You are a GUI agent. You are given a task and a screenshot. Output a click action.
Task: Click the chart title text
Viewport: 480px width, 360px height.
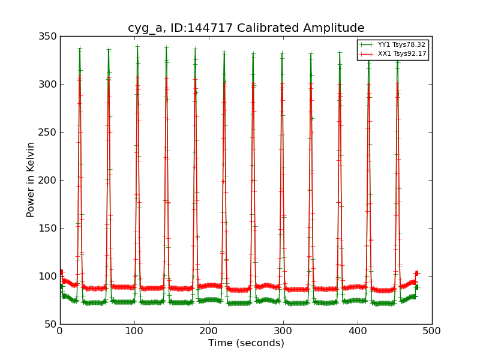pyautogui.click(x=246, y=28)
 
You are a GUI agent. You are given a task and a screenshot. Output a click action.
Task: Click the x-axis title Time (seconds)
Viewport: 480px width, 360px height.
pyautogui.click(x=246, y=343)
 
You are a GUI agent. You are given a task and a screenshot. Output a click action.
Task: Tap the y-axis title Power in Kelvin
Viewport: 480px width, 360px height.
pyautogui.click(x=31, y=179)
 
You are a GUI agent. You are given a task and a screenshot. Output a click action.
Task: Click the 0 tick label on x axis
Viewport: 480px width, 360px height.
pyautogui.click(x=60, y=331)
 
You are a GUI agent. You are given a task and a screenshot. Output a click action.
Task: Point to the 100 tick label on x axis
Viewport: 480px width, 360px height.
pyautogui.click(x=134, y=331)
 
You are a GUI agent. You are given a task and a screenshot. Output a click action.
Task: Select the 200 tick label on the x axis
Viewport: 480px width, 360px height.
pyautogui.click(x=209, y=331)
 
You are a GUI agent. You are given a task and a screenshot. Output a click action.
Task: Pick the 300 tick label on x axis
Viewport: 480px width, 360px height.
pyautogui.click(x=283, y=331)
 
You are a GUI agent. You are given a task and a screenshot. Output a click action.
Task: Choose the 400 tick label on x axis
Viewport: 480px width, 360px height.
pyautogui.click(x=358, y=331)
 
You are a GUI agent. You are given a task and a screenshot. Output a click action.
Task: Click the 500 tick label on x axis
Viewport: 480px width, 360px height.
pyautogui.click(x=432, y=331)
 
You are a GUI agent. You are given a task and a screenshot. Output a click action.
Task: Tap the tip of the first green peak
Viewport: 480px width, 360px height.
pyautogui.click(x=79, y=49)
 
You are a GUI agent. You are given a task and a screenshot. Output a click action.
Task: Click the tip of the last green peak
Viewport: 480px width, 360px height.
pyautogui.click(x=397, y=58)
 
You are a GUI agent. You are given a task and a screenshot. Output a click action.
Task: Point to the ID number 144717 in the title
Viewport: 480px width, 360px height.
pyautogui.click(x=203, y=28)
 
